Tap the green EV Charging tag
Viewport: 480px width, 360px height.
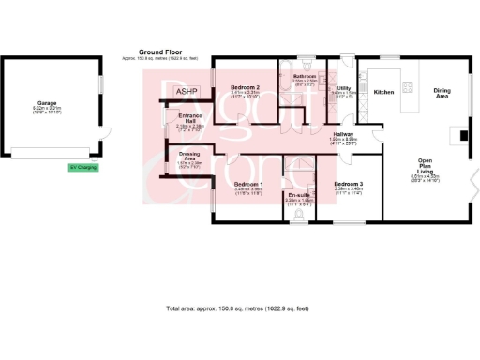82,168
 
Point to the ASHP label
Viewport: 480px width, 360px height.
187,89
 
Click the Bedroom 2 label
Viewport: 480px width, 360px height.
244,86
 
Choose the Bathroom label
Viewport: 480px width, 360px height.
305,75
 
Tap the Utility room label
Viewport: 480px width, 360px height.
343,87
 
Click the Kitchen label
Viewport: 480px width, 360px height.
384,92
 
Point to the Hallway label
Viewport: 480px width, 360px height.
343,135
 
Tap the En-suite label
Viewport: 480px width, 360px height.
299,193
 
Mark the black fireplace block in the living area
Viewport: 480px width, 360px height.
462,134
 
